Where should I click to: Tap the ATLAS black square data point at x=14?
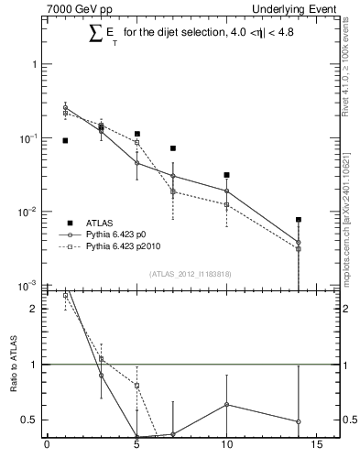coord(299,220)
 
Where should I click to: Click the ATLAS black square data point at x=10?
coord(226,175)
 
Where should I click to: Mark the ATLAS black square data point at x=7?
coord(172,148)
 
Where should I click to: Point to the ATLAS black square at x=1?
coord(65,140)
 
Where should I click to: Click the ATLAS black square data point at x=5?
coord(136,134)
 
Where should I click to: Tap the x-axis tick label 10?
coord(226,448)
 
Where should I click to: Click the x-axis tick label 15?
coord(316,448)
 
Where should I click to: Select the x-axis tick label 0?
coord(48,448)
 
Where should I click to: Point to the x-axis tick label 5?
coord(137,448)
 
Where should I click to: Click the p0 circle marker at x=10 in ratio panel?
coord(226,404)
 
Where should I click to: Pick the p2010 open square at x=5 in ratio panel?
coord(136,386)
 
